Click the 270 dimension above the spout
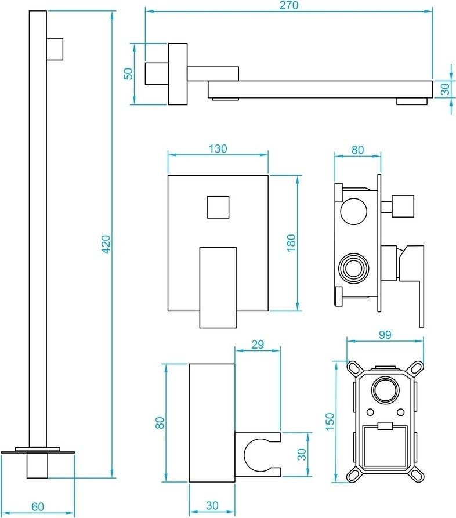288,6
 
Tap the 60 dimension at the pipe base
37,506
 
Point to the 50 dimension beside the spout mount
129,74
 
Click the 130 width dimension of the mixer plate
218,148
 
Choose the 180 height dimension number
291,242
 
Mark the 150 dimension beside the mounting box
330,422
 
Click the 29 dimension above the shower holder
258,344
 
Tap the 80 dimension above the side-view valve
357,149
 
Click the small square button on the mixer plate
218,207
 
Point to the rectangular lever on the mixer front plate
218,287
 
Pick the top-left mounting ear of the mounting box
353,367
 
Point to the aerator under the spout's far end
412,102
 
